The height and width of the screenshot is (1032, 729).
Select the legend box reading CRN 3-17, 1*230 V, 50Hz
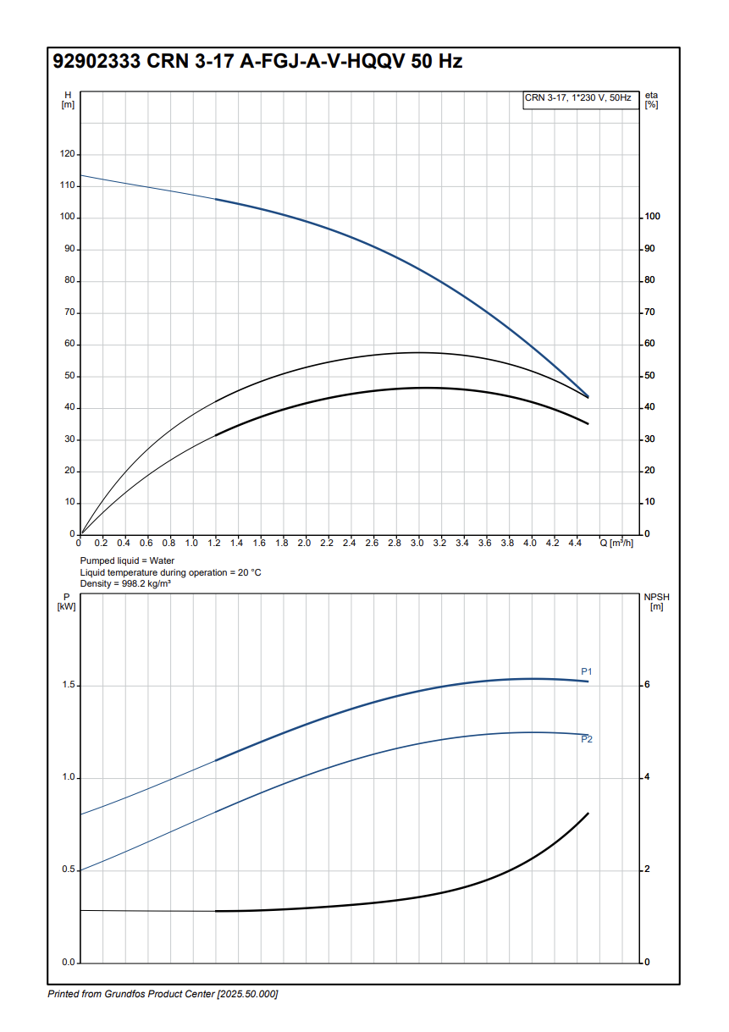coord(578,98)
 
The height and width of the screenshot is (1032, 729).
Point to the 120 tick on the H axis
coord(66,154)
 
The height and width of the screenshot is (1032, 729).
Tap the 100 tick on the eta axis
coord(652,217)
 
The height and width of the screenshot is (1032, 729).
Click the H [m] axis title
coord(68,100)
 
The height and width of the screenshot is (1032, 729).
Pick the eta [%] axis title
coord(651,100)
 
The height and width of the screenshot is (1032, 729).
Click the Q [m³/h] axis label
coord(617,543)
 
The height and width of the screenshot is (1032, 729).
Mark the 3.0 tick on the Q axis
coord(417,543)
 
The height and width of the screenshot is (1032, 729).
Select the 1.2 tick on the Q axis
coord(214,543)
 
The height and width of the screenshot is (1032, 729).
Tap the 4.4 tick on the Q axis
coord(575,543)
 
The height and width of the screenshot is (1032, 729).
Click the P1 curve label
coord(586,671)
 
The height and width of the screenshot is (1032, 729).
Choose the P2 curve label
coord(586,740)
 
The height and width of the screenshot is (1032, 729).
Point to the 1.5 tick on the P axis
coord(68,685)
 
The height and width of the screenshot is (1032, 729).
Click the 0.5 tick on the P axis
coord(68,870)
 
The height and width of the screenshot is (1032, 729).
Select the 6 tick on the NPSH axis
coord(648,685)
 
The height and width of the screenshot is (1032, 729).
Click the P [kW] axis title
coord(67,601)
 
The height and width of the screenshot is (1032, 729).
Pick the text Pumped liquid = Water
coord(127,561)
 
